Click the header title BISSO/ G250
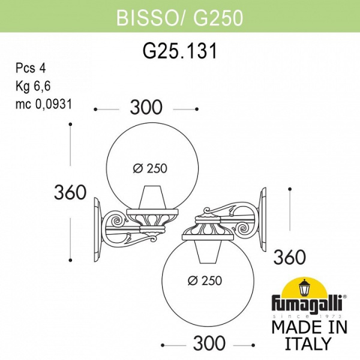click(179, 19)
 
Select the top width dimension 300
click(146, 108)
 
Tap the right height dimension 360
click(290, 257)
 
